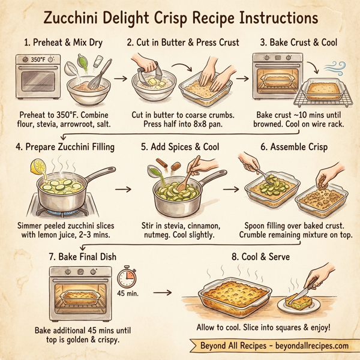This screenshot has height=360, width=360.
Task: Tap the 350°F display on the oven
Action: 34,61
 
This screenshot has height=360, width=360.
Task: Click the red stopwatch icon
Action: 127,277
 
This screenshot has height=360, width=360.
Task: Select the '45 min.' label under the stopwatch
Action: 127,294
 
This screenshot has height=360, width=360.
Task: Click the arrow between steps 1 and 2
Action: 120,78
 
